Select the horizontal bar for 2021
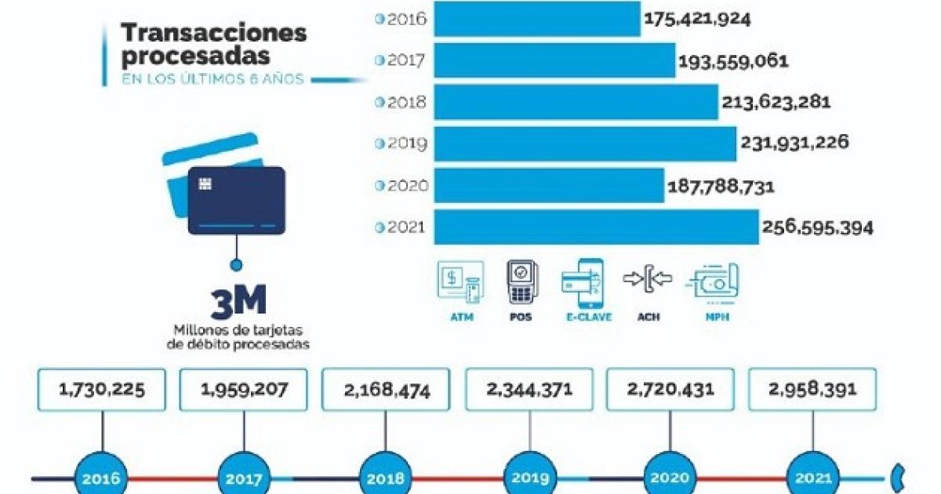597,227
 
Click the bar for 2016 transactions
537,19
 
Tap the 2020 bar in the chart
549,185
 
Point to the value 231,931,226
794,143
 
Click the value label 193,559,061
733,62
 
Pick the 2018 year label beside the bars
406,102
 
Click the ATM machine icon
461,282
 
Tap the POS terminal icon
521,282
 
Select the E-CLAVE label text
589,317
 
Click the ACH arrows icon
648,278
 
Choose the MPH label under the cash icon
717,317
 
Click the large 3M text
238,302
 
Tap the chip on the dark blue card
205,183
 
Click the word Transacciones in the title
214,33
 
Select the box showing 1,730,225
102,390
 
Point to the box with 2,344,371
529,390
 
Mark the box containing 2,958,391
812,390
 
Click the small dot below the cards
237,265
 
